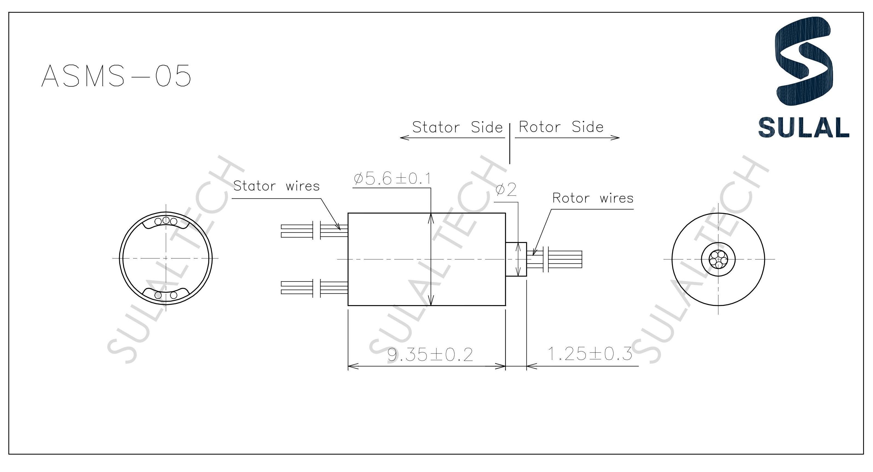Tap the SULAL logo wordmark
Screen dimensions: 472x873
click(x=803, y=128)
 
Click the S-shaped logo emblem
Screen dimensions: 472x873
click(x=803, y=61)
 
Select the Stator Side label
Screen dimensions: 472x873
click(x=457, y=128)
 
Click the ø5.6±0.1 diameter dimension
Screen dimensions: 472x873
click(x=392, y=179)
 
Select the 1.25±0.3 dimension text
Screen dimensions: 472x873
click(x=590, y=354)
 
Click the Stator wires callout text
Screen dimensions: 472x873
click(x=276, y=186)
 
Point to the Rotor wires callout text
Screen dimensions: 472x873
click(x=593, y=198)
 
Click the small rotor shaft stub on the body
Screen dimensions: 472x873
click(x=516, y=259)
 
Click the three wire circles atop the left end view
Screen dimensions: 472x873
click(x=166, y=221)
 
